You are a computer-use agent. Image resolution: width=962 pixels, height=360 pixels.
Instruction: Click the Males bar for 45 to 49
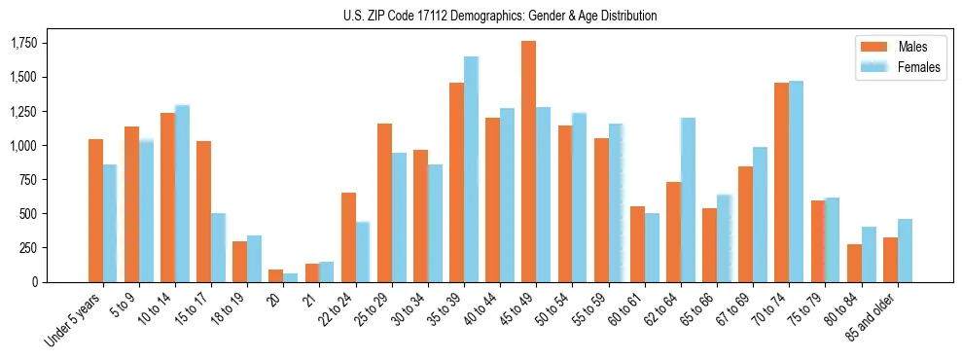[x=529, y=162]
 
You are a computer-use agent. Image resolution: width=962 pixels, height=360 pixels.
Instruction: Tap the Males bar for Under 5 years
[x=95, y=210]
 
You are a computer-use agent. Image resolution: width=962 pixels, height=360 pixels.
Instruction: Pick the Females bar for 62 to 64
[x=688, y=199]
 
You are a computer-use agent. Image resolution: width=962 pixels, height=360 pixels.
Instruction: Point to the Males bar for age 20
[x=276, y=275]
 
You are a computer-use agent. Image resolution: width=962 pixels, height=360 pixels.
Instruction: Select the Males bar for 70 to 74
[x=782, y=182]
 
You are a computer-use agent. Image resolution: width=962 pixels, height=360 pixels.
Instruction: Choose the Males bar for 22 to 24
[x=348, y=237]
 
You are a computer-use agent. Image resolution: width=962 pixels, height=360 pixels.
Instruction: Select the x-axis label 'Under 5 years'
[x=74, y=322]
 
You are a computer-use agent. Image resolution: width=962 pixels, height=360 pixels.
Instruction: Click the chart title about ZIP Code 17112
[x=500, y=16]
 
